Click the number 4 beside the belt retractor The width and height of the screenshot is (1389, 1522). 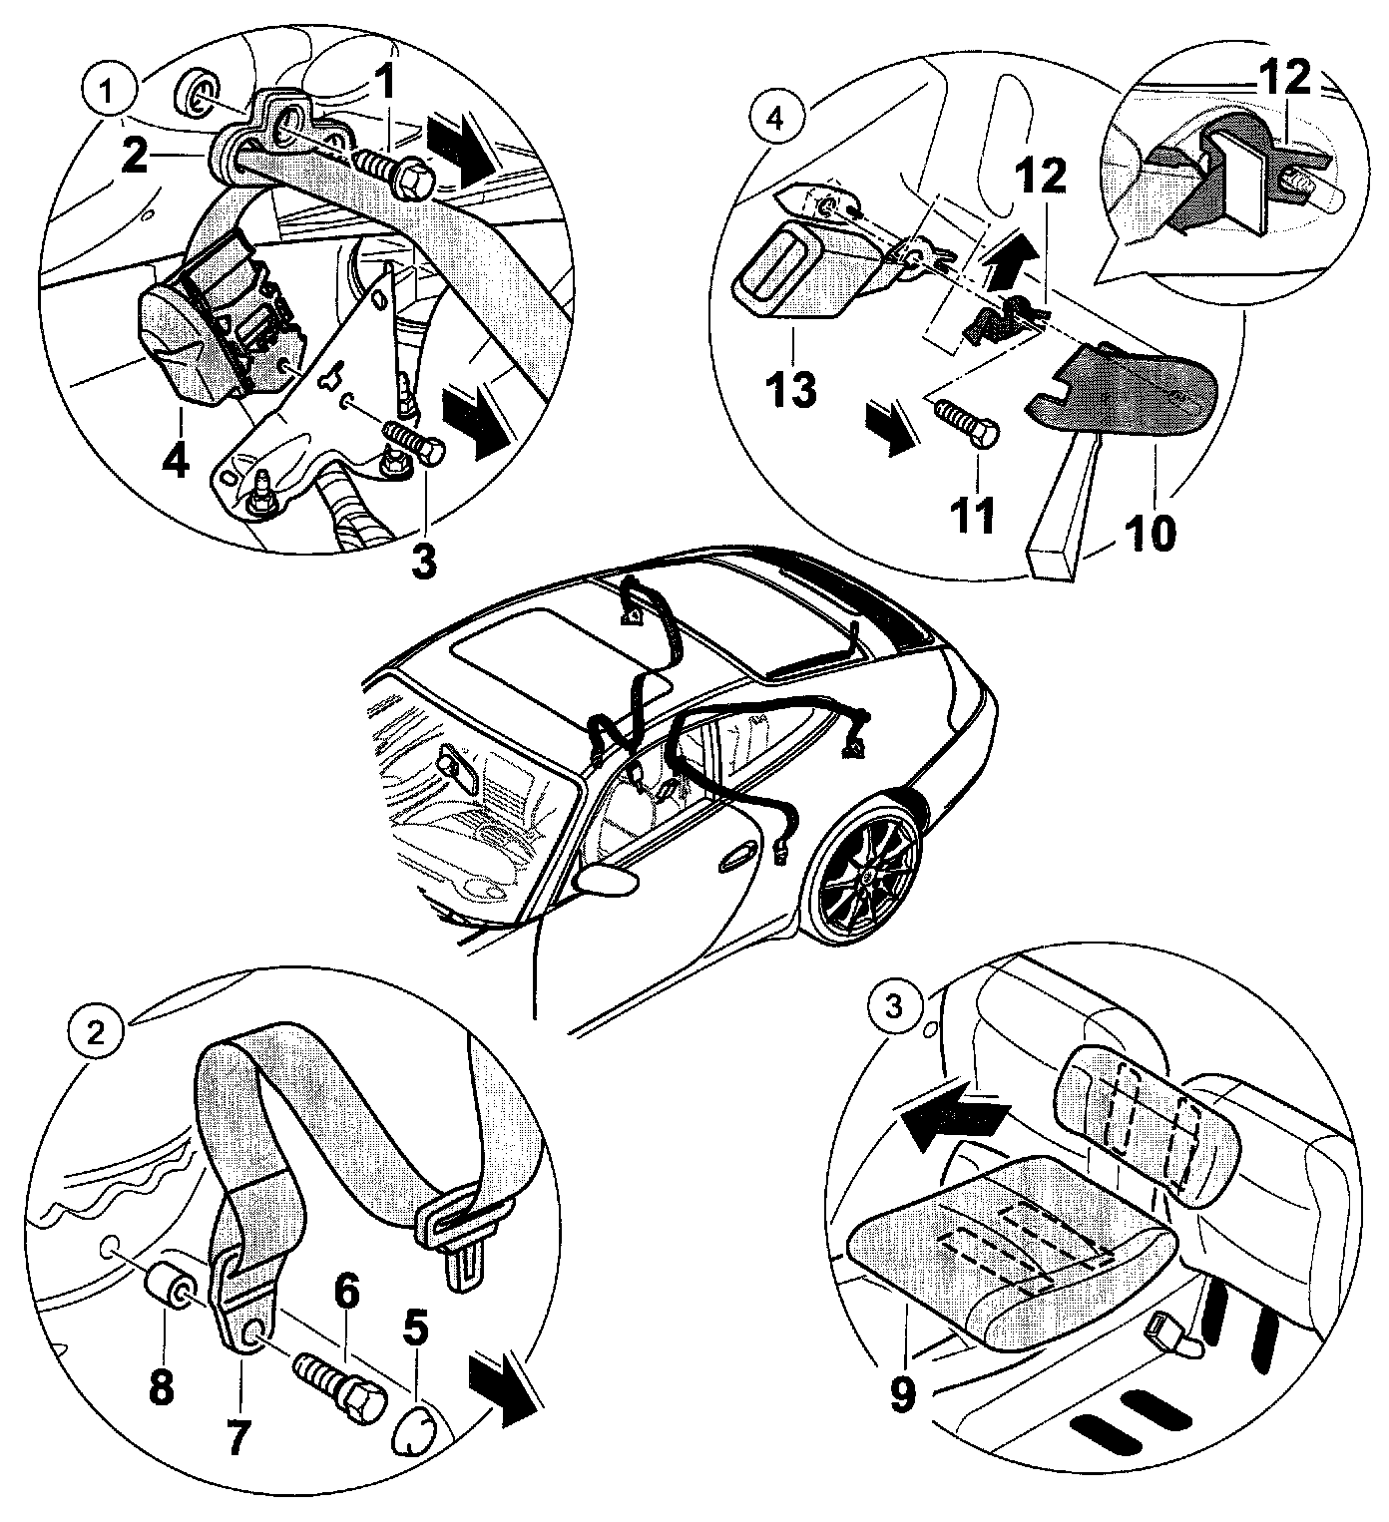click(178, 461)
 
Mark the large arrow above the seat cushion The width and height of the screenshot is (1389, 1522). click(950, 1118)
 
